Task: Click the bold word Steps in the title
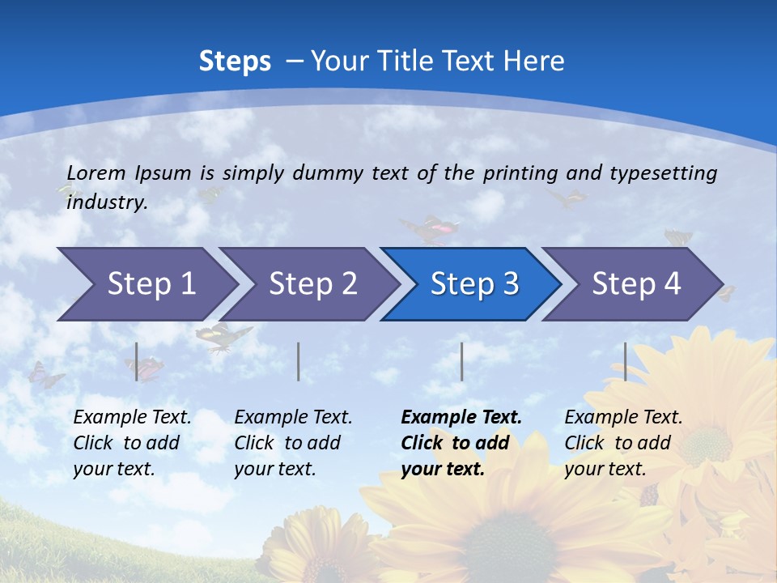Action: [x=235, y=61]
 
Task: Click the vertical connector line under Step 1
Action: [x=137, y=361]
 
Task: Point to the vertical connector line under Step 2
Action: [x=299, y=361]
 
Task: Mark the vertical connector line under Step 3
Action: [x=461, y=361]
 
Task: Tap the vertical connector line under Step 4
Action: [x=625, y=361]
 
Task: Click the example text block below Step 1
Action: [x=132, y=443]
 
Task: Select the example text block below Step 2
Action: [x=293, y=443]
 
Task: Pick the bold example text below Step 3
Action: [x=461, y=443]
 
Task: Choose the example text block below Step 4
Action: [x=623, y=443]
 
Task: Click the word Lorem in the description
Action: [x=96, y=172]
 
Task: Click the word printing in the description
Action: [x=520, y=172]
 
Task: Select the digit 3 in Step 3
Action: [x=510, y=283]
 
